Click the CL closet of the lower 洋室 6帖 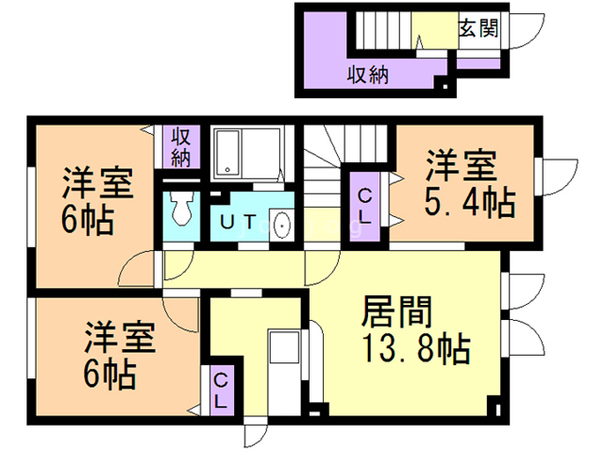[x=219, y=390]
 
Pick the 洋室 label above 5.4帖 [x=460, y=164]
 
